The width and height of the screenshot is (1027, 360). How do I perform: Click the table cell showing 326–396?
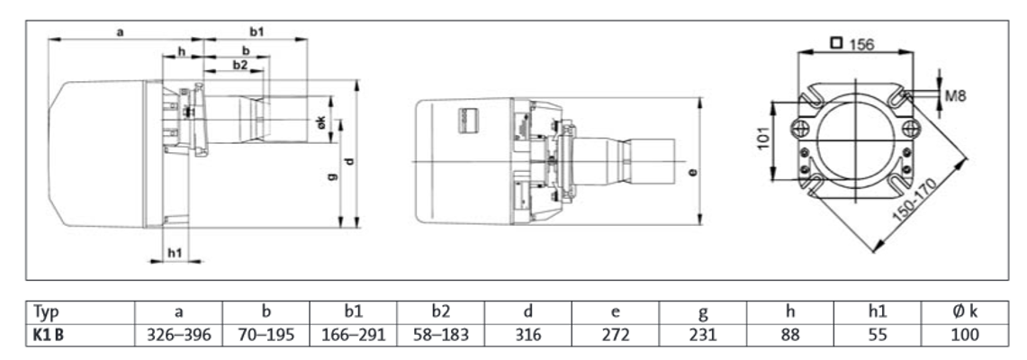coord(178,335)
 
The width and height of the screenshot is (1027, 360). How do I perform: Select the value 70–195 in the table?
coord(266,335)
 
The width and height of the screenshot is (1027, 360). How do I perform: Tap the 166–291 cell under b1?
coord(354,335)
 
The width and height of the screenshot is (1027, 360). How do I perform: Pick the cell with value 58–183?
coord(441,335)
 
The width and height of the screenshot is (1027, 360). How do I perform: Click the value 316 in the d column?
coord(528,335)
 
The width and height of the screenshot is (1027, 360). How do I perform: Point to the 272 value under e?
coord(616,335)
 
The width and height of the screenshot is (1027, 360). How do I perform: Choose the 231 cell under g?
coord(703,335)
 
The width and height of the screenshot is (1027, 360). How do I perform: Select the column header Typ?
coord(46,311)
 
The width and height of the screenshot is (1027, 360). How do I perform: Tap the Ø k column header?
coord(965,311)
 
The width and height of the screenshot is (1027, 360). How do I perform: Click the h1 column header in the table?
coord(878,311)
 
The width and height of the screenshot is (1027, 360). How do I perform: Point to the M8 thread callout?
coord(955,96)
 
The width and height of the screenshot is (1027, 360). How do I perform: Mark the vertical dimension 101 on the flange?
coord(764,139)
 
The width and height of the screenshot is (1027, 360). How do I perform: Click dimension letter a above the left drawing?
coord(121,31)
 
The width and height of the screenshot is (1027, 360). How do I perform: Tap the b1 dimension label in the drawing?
coord(257,31)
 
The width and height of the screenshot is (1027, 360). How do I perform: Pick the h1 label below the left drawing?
coord(175,252)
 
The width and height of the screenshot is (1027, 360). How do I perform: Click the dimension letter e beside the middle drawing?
coord(692,172)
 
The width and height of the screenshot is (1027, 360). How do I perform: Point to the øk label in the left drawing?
coord(321,121)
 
